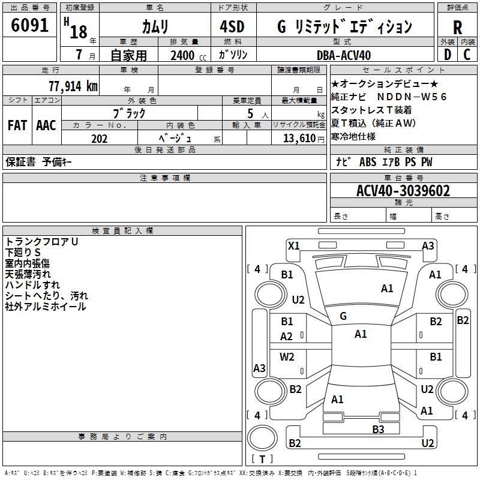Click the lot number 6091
coord(30,25)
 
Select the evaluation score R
coord(457,27)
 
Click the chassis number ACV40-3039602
coord(403,191)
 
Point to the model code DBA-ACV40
coord(344,55)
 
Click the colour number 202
coord(99,139)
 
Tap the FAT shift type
coord(17,125)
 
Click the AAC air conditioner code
coord(46,125)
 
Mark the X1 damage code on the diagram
coord(294,245)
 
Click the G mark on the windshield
coord(343,316)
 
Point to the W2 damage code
coord(287,357)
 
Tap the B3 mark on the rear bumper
coord(378,429)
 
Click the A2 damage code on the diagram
coord(287,337)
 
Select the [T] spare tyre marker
coord(262,459)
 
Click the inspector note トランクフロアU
coord(41,241)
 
